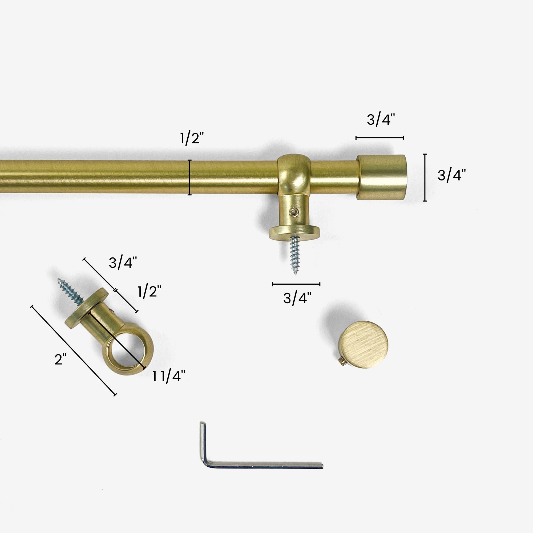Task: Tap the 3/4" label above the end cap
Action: pos(381,120)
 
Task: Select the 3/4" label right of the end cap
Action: pos(452,175)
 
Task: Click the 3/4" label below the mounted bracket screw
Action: pos(297,298)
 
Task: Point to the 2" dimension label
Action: pos(60,360)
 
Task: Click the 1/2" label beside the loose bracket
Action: pos(149,292)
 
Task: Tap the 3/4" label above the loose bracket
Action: pos(123,263)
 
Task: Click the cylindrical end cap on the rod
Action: pos(382,177)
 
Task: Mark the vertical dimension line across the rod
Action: pos(190,177)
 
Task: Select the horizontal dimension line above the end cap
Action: pos(379,138)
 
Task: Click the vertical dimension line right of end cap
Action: pos(425,177)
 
